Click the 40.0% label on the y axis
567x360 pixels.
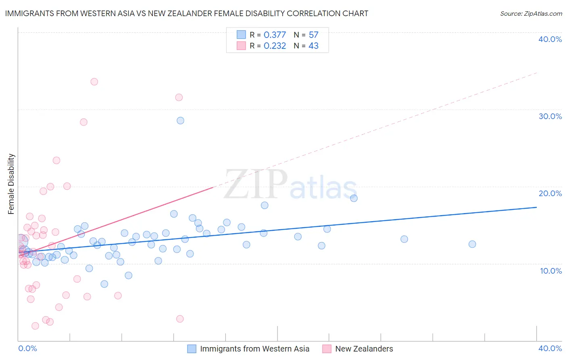[550, 39]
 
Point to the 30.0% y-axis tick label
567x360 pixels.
[550, 116]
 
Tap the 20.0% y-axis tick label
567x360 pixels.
[550, 193]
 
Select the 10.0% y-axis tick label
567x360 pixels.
[551, 271]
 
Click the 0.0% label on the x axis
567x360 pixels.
[27, 348]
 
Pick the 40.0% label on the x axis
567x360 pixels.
[550, 348]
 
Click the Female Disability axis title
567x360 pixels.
[11, 184]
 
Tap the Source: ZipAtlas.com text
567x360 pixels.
[531, 14]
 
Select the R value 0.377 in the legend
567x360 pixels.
[275, 35]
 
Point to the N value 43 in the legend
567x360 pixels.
[313, 46]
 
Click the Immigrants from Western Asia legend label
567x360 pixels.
[254, 349]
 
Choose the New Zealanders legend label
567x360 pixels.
[364, 349]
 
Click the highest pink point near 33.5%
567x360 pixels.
[94, 82]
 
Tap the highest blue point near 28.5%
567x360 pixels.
[180, 121]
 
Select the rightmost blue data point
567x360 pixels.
[472, 244]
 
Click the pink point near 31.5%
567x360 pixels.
[179, 97]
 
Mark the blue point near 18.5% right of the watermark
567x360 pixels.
[354, 198]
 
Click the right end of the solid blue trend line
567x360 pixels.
[536, 207]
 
